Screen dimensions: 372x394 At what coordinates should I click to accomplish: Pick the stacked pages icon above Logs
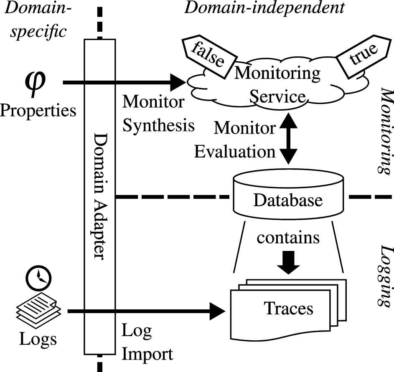click(38, 307)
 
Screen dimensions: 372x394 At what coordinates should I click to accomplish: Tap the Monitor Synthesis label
click(158, 113)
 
